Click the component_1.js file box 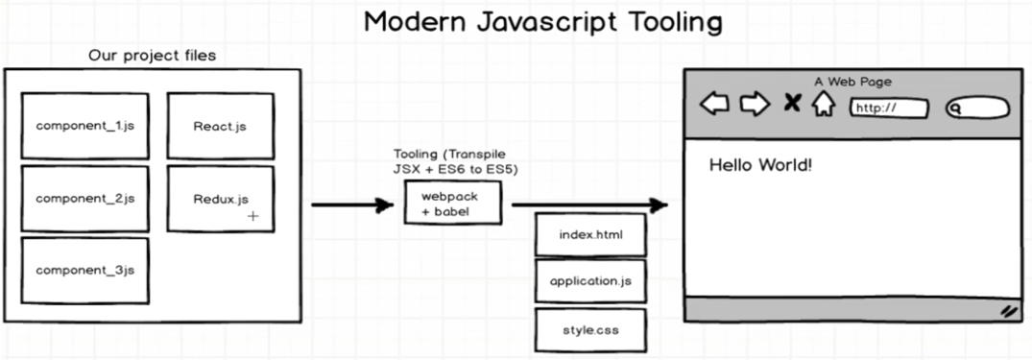coord(84,126)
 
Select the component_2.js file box coord(84,199)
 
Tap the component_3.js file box coord(84,271)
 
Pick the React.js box coord(221,126)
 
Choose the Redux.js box coord(221,199)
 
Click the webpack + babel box coord(452,204)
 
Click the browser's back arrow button coord(715,104)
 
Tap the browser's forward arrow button coord(756,104)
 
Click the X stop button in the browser coord(792,103)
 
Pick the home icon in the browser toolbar coord(823,104)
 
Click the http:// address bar coord(889,108)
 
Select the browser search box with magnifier coord(977,108)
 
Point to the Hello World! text coord(760,165)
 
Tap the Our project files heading coord(152,56)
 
